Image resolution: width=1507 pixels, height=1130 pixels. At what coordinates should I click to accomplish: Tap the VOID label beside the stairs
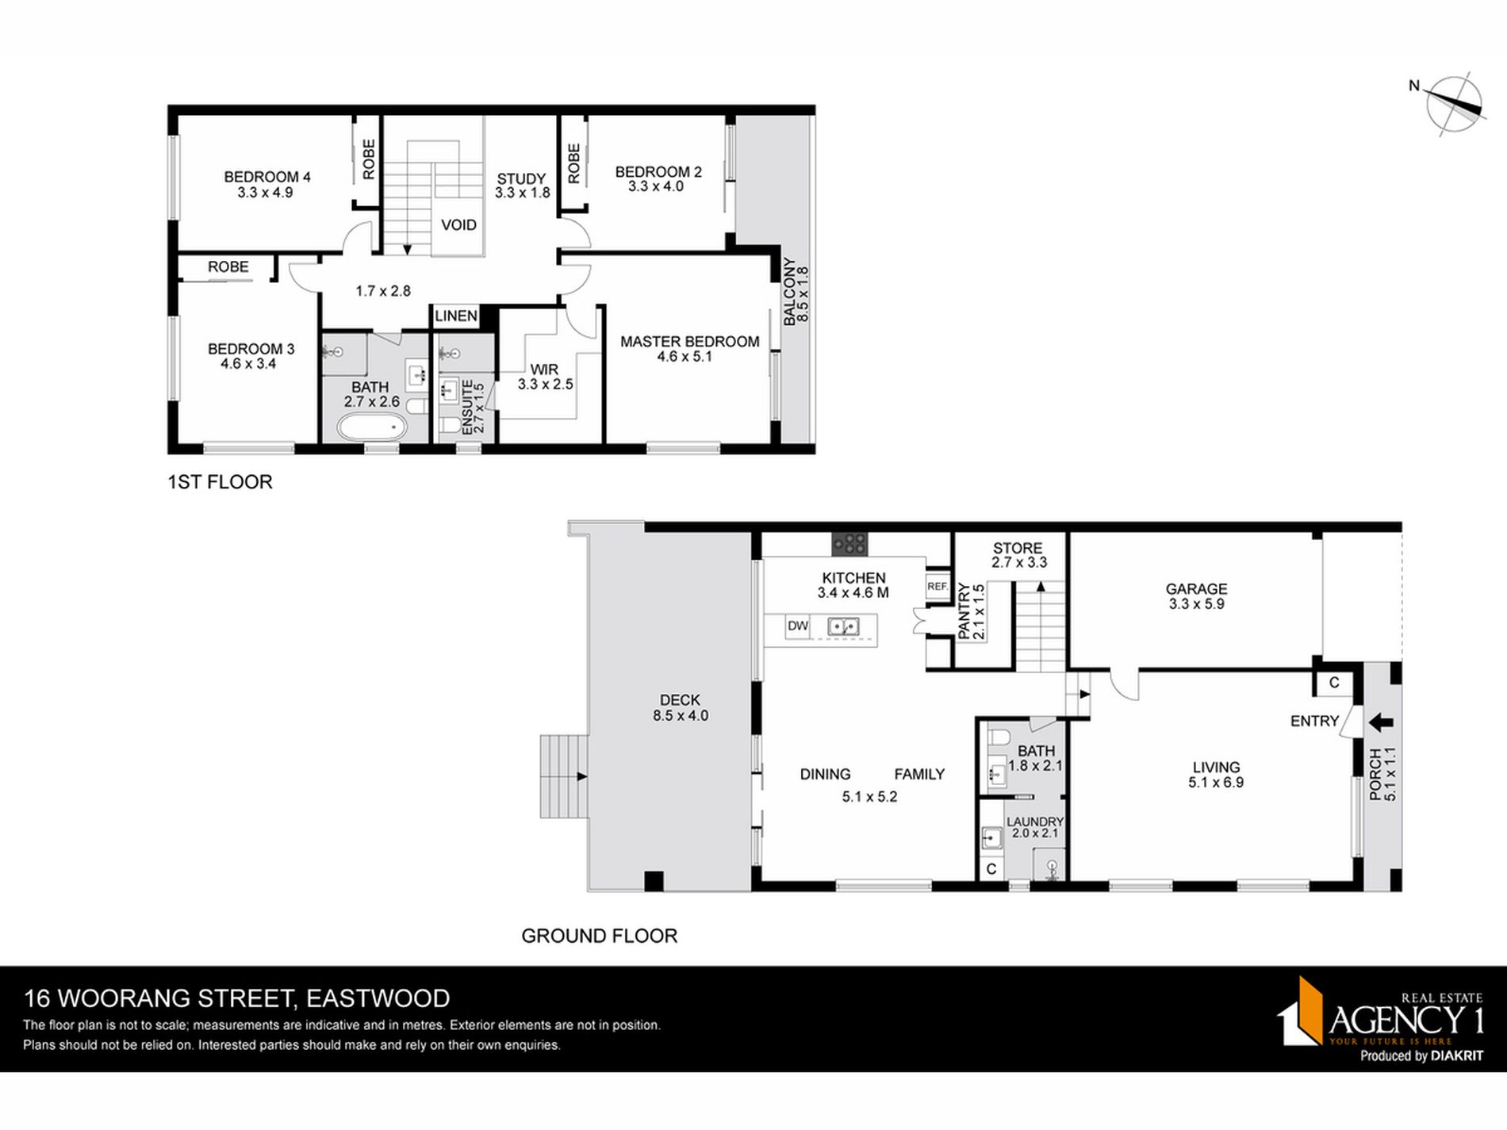tap(458, 225)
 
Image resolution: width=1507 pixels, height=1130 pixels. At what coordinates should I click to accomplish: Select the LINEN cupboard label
tap(456, 316)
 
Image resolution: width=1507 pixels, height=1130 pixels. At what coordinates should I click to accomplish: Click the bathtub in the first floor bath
tap(371, 430)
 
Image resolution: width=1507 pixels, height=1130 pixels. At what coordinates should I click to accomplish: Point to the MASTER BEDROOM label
tap(689, 342)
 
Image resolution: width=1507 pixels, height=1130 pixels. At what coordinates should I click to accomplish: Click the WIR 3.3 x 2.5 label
tap(545, 377)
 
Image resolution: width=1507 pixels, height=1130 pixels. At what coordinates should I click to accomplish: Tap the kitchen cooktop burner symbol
tap(849, 543)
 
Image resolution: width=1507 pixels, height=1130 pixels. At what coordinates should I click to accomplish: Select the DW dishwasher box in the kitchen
tap(798, 626)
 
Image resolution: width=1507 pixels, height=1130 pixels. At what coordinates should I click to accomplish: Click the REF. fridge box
tap(938, 587)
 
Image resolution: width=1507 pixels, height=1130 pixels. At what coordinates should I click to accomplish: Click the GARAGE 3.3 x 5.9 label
tap(1196, 596)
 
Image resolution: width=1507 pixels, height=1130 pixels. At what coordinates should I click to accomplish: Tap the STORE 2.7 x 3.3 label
tap(1018, 555)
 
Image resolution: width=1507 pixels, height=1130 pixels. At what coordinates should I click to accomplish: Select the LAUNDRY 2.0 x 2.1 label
tap(1034, 827)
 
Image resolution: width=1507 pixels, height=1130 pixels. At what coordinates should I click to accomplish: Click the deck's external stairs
tap(564, 776)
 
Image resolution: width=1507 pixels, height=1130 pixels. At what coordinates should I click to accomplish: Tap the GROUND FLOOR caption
tap(599, 936)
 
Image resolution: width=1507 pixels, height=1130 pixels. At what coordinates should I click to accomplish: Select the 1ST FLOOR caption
tap(220, 482)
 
